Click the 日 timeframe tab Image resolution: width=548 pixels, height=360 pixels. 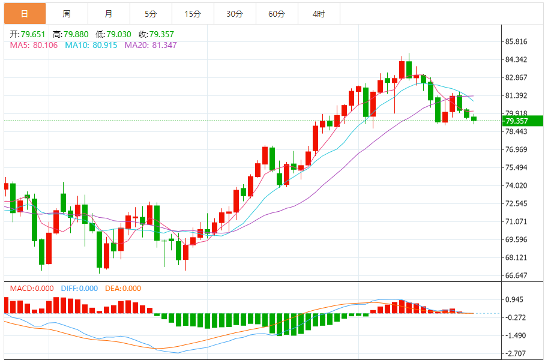click(x=24, y=14)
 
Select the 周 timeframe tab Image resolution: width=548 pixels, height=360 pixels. click(x=66, y=14)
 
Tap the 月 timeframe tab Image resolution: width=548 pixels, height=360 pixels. click(x=108, y=14)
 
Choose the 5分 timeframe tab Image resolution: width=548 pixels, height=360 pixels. click(x=150, y=14)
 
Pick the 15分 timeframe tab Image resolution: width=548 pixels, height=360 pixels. click(x=193, y=14)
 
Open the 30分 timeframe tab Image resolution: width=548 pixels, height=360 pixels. click(x=235, y=14)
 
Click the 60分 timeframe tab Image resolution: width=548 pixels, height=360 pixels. click(x=277, y=14)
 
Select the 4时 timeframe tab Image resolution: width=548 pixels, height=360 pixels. click(x=319, y=14)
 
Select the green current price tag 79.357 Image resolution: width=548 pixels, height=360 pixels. click(x=523, y=121)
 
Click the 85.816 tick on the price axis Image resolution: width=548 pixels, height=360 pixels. click(x=516, y=41)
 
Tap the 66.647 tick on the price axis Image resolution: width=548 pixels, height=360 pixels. click(x=516, y=275)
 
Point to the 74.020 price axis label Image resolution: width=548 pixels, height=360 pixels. click(x=516, y=185)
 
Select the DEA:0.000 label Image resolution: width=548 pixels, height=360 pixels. click(x=123, y=289)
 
